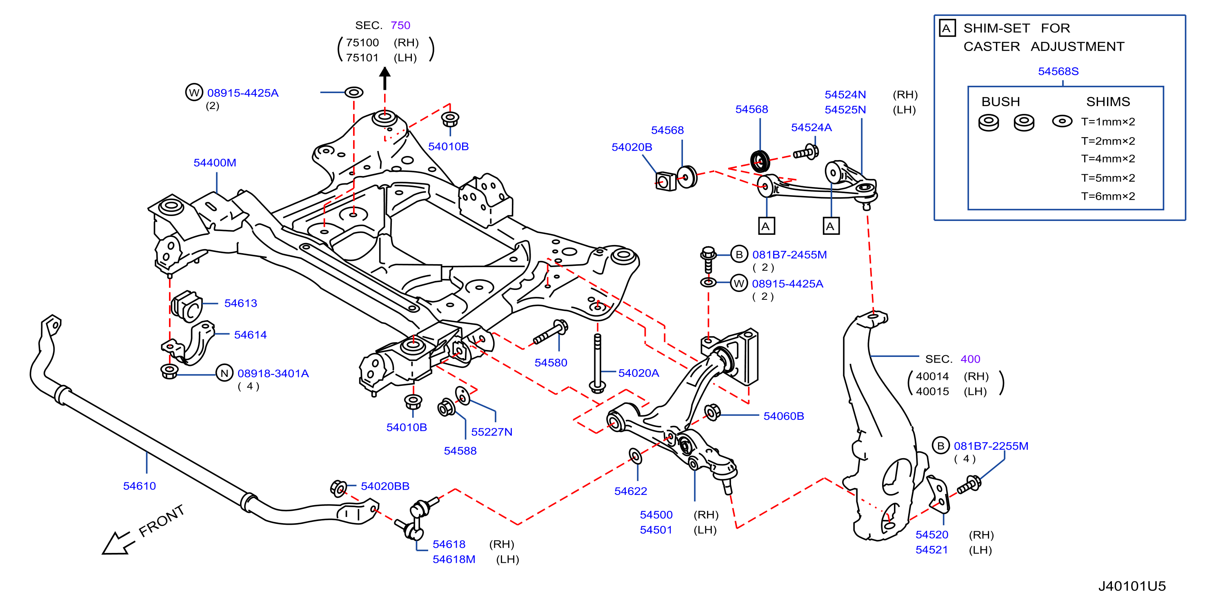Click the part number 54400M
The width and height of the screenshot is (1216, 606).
[215, 163]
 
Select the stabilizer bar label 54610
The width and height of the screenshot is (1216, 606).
[139, 486]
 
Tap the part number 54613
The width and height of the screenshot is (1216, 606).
[241, 303]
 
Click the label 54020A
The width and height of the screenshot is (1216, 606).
[638, 373]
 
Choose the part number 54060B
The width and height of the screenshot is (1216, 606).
[784, 416]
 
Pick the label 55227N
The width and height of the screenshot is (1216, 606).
[491, 432]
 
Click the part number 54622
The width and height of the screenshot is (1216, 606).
[631, 491]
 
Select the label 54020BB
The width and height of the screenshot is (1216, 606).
[385, 486]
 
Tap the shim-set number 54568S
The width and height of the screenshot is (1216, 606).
[1058, 71]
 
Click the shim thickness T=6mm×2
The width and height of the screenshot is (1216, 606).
[1108, 196]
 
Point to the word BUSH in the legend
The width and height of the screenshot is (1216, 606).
[1001, 102]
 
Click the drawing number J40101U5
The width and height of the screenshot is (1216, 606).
[1132, 586]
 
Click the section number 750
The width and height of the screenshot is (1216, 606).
[400, 25]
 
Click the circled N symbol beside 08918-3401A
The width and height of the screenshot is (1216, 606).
[225, 373]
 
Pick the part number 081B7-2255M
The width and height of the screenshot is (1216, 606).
[991, 446]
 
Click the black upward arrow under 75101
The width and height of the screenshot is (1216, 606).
[385, 78]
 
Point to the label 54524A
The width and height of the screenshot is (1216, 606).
[811, 127]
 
